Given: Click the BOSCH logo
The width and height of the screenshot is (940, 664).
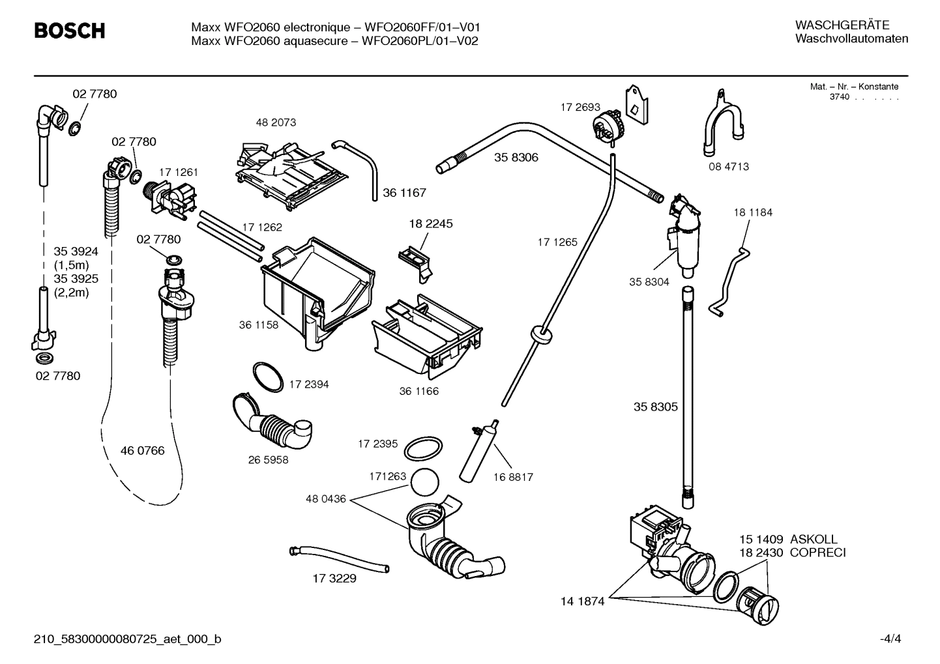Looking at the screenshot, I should (69, 31).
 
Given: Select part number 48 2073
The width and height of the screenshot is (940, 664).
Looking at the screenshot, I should (276, 123).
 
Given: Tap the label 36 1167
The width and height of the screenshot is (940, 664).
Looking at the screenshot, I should (404, 193).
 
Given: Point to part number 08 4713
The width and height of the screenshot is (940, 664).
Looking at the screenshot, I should (729, 167).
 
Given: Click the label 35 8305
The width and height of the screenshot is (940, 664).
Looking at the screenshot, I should (656, 407).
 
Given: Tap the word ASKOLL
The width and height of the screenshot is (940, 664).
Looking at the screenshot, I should (814, 540).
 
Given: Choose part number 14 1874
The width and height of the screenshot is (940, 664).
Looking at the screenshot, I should (582, 601).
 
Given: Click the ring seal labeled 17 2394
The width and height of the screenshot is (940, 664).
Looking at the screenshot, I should (267, 377).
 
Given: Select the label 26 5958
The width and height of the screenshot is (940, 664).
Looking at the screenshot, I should (268, 460).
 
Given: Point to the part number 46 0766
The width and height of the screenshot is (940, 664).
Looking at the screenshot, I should (143, 451).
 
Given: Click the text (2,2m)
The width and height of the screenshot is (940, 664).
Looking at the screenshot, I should (71, 293).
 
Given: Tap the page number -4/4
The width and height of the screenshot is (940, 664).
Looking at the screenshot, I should (890, 639).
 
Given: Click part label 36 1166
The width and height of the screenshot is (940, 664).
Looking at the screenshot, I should (419, 392).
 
